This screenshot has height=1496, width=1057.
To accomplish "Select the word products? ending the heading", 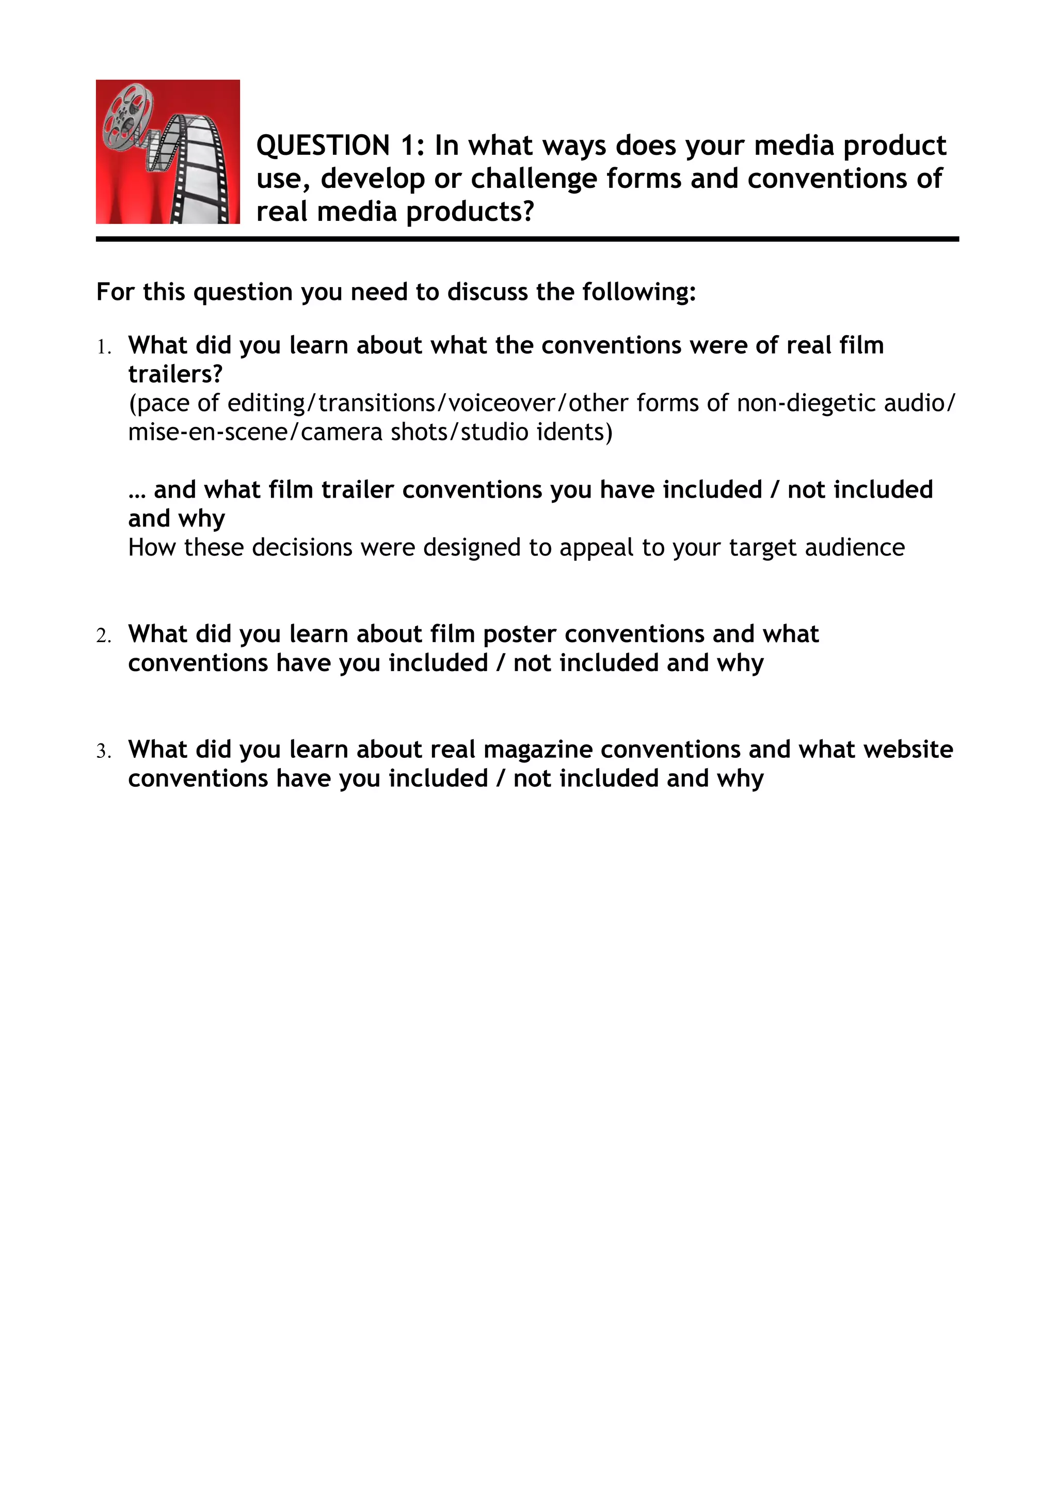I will tap(470, 212).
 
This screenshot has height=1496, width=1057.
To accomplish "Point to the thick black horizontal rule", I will tap(527, 239).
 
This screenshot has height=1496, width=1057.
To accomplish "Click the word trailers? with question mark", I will tap(175, 374).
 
